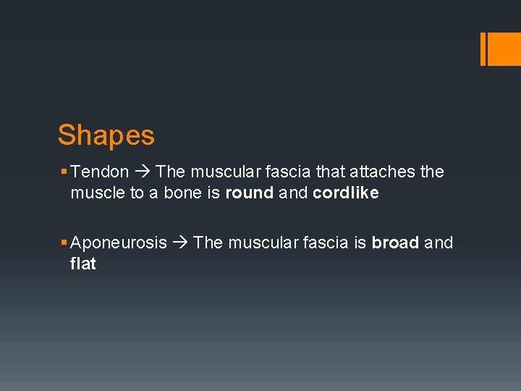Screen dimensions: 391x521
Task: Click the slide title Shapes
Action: pos(106,135)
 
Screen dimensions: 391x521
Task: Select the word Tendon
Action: pos(101,172)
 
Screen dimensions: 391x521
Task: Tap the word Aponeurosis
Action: pos(119,243)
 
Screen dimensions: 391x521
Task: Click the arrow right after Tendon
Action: pos(142,172)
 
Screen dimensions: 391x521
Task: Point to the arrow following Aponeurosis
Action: pos(179,243)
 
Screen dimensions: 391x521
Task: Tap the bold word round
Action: pos(249,193)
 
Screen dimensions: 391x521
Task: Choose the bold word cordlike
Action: pos(345,193)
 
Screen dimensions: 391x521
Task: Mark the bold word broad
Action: pos(395,243)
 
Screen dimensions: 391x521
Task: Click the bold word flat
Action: pos(82,264)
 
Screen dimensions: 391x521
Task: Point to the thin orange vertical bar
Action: pos(483,49)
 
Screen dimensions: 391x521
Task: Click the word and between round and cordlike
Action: pos(293,193)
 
